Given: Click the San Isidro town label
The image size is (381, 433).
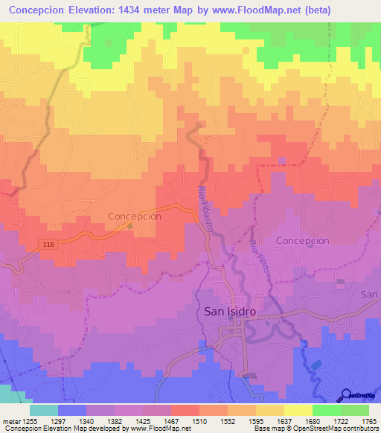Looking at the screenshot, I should (x=230, y=312).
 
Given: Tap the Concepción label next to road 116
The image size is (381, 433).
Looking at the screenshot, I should (x=135, y=216).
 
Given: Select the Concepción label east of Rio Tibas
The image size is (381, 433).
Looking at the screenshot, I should (x=302, y=241).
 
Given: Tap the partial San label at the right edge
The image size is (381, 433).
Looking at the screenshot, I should (x=369, y=295).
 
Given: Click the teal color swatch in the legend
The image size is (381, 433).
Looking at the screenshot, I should (x=43, y=410).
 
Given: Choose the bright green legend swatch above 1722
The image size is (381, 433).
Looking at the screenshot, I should (x=326, y=410).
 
